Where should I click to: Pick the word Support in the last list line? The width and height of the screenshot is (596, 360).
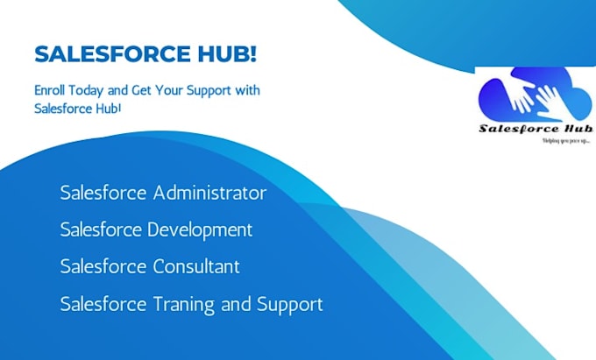pyautogui.click(x=289, y=304)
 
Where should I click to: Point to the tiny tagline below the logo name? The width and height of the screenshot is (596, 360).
pyautogui.click(x=566, y=140)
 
